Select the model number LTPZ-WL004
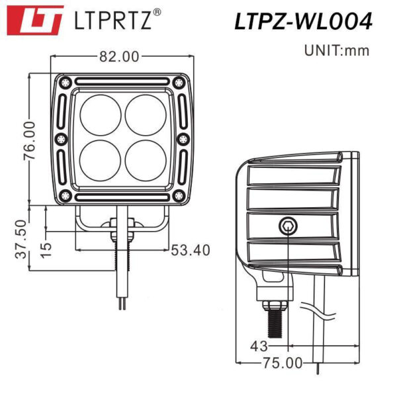click(303, 21)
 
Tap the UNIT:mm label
click(336, 50)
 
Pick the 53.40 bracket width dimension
click(191, 250)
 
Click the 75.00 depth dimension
click(281, 363)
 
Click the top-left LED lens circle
click(101, 114)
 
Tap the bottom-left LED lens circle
click(101, 159)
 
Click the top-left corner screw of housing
click(64, 83)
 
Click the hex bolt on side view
click(287, 225)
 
